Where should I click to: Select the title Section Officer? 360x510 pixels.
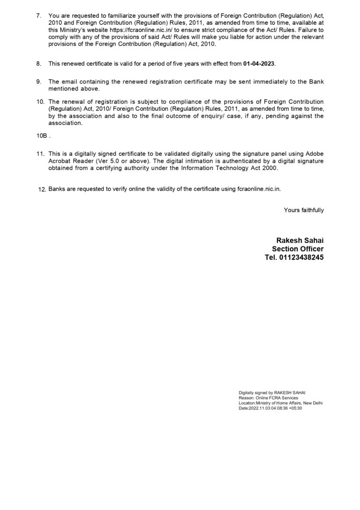tap(298, 249)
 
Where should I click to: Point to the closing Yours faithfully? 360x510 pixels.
tap(304, 210)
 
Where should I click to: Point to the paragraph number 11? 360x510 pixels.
tap(40, 154)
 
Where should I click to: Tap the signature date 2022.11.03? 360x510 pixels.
tap(259, 408)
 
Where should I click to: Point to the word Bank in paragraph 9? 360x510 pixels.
tap(316, 81)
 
